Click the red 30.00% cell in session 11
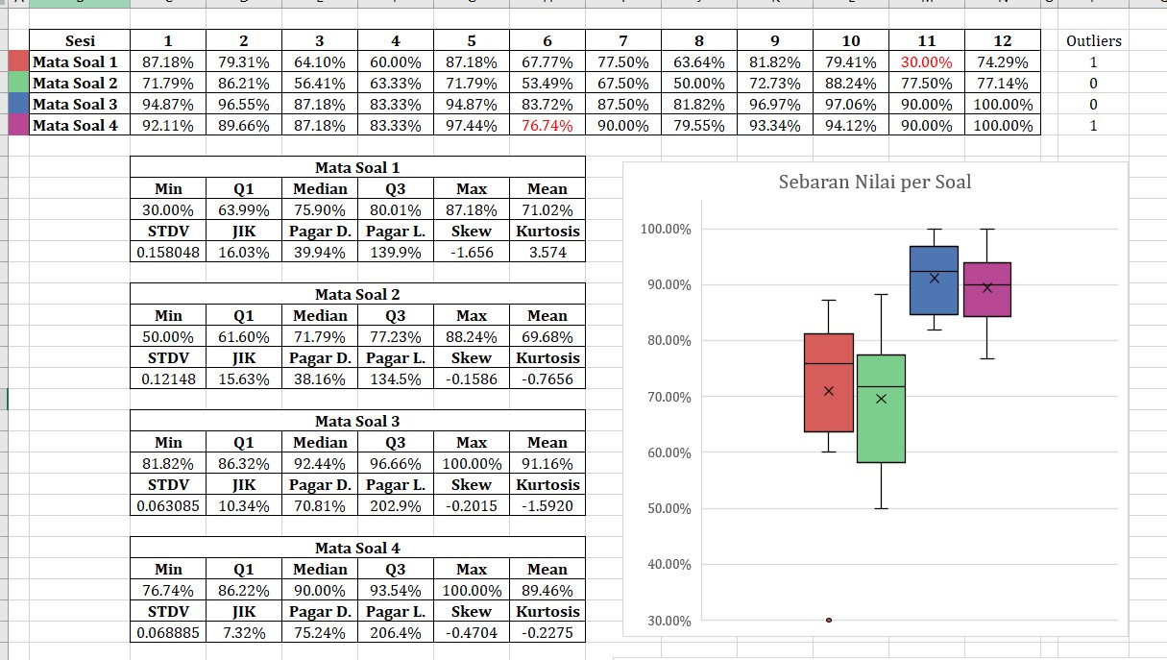pos(927,62)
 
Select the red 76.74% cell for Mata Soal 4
pos(547,126)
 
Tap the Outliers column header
pos(1093,41)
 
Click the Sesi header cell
pos(80,40)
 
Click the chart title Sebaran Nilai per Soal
pos(874,182)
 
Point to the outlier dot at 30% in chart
pos(829,621)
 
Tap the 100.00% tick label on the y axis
pos(664,230)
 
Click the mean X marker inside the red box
pos(829,391)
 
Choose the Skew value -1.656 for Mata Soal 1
pos(471,253)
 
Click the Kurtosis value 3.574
pos(547,253)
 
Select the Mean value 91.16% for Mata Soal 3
pos(547,464)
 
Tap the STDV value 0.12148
pos(168,379)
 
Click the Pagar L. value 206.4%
pos(395,633)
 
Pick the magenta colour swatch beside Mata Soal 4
pos(18,126)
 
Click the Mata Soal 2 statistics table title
pos(357,295)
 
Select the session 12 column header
pos(1002,40)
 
